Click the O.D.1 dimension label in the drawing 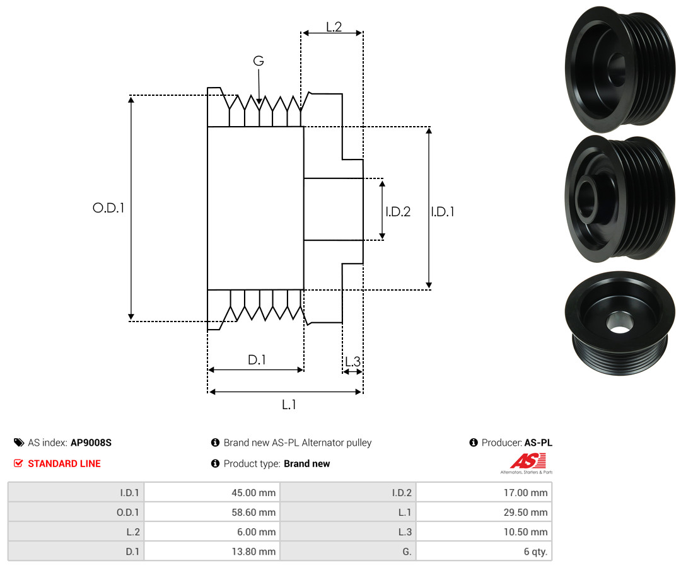click(x=108, y=207)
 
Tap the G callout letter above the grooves click(x=259, y=61)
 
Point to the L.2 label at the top click(x=334, y=26)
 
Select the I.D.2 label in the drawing click(x=398, y=212)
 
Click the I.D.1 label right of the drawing click(x=442, y=212)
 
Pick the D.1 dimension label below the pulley click(x=257, y=360)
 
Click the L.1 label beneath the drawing click(x=289, y=405)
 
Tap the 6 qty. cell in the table click(x=533, y=552)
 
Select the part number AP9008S click(x=91, y=443)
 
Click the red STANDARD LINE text click(x=64, y=463)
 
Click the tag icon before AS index click(x=19, y=443)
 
